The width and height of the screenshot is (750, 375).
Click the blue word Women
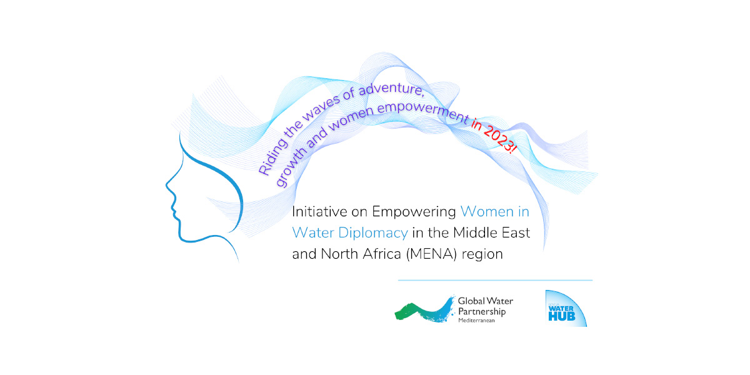487,212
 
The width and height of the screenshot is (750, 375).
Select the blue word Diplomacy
373,233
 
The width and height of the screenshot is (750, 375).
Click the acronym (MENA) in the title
431,254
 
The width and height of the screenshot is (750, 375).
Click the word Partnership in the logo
482,312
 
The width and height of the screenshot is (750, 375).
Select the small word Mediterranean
476,321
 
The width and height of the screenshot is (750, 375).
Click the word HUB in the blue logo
561,316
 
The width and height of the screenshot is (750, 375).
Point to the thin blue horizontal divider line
495,280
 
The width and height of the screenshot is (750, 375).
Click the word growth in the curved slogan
291,167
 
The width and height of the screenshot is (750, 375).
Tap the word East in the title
516,233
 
